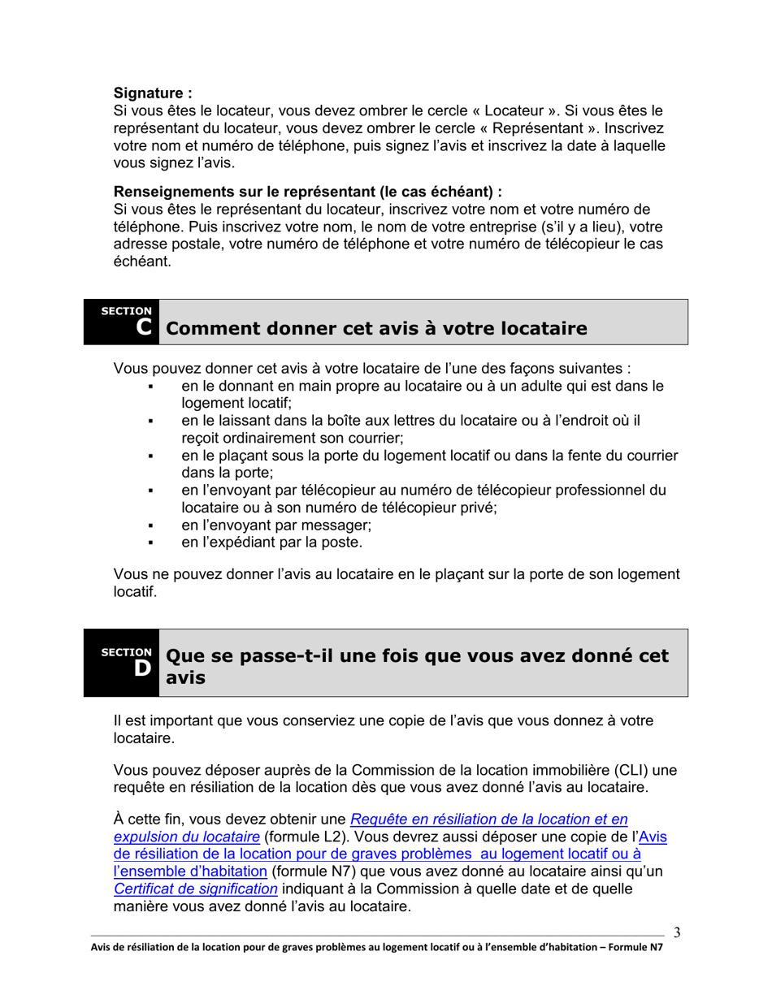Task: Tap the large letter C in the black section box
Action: click(x=143, y=327)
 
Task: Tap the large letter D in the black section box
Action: click(x=142, y=668)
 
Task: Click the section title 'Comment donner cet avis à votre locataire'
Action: click(x=375, y=329)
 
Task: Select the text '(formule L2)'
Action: click(x=306, y=837)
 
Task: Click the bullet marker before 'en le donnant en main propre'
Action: click(x=151, y=387)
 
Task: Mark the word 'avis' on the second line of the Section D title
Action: click(x=184, y=678)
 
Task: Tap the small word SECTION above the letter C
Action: click(x=126, y=311)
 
